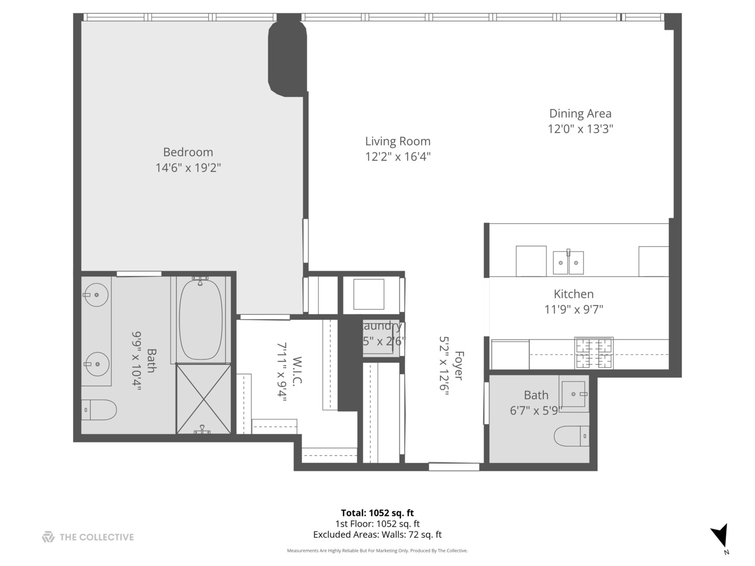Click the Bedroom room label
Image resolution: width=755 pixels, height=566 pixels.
[188, 153]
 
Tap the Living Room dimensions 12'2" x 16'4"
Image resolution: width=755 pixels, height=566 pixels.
[398, 157]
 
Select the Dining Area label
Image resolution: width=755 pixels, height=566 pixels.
[580, 114]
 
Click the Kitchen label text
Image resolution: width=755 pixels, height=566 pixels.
[574, 294]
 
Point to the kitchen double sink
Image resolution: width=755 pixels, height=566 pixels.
[568, 263]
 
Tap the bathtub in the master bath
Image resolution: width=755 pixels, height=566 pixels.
[200, 320]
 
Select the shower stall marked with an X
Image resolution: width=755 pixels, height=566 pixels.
[203, 399]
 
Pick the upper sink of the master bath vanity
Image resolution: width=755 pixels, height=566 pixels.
[96, 295]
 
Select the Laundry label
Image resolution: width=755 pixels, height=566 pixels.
[383, 326]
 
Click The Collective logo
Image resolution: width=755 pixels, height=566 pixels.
[88, 537]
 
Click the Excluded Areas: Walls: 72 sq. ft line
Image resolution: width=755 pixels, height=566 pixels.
[377, 535]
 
